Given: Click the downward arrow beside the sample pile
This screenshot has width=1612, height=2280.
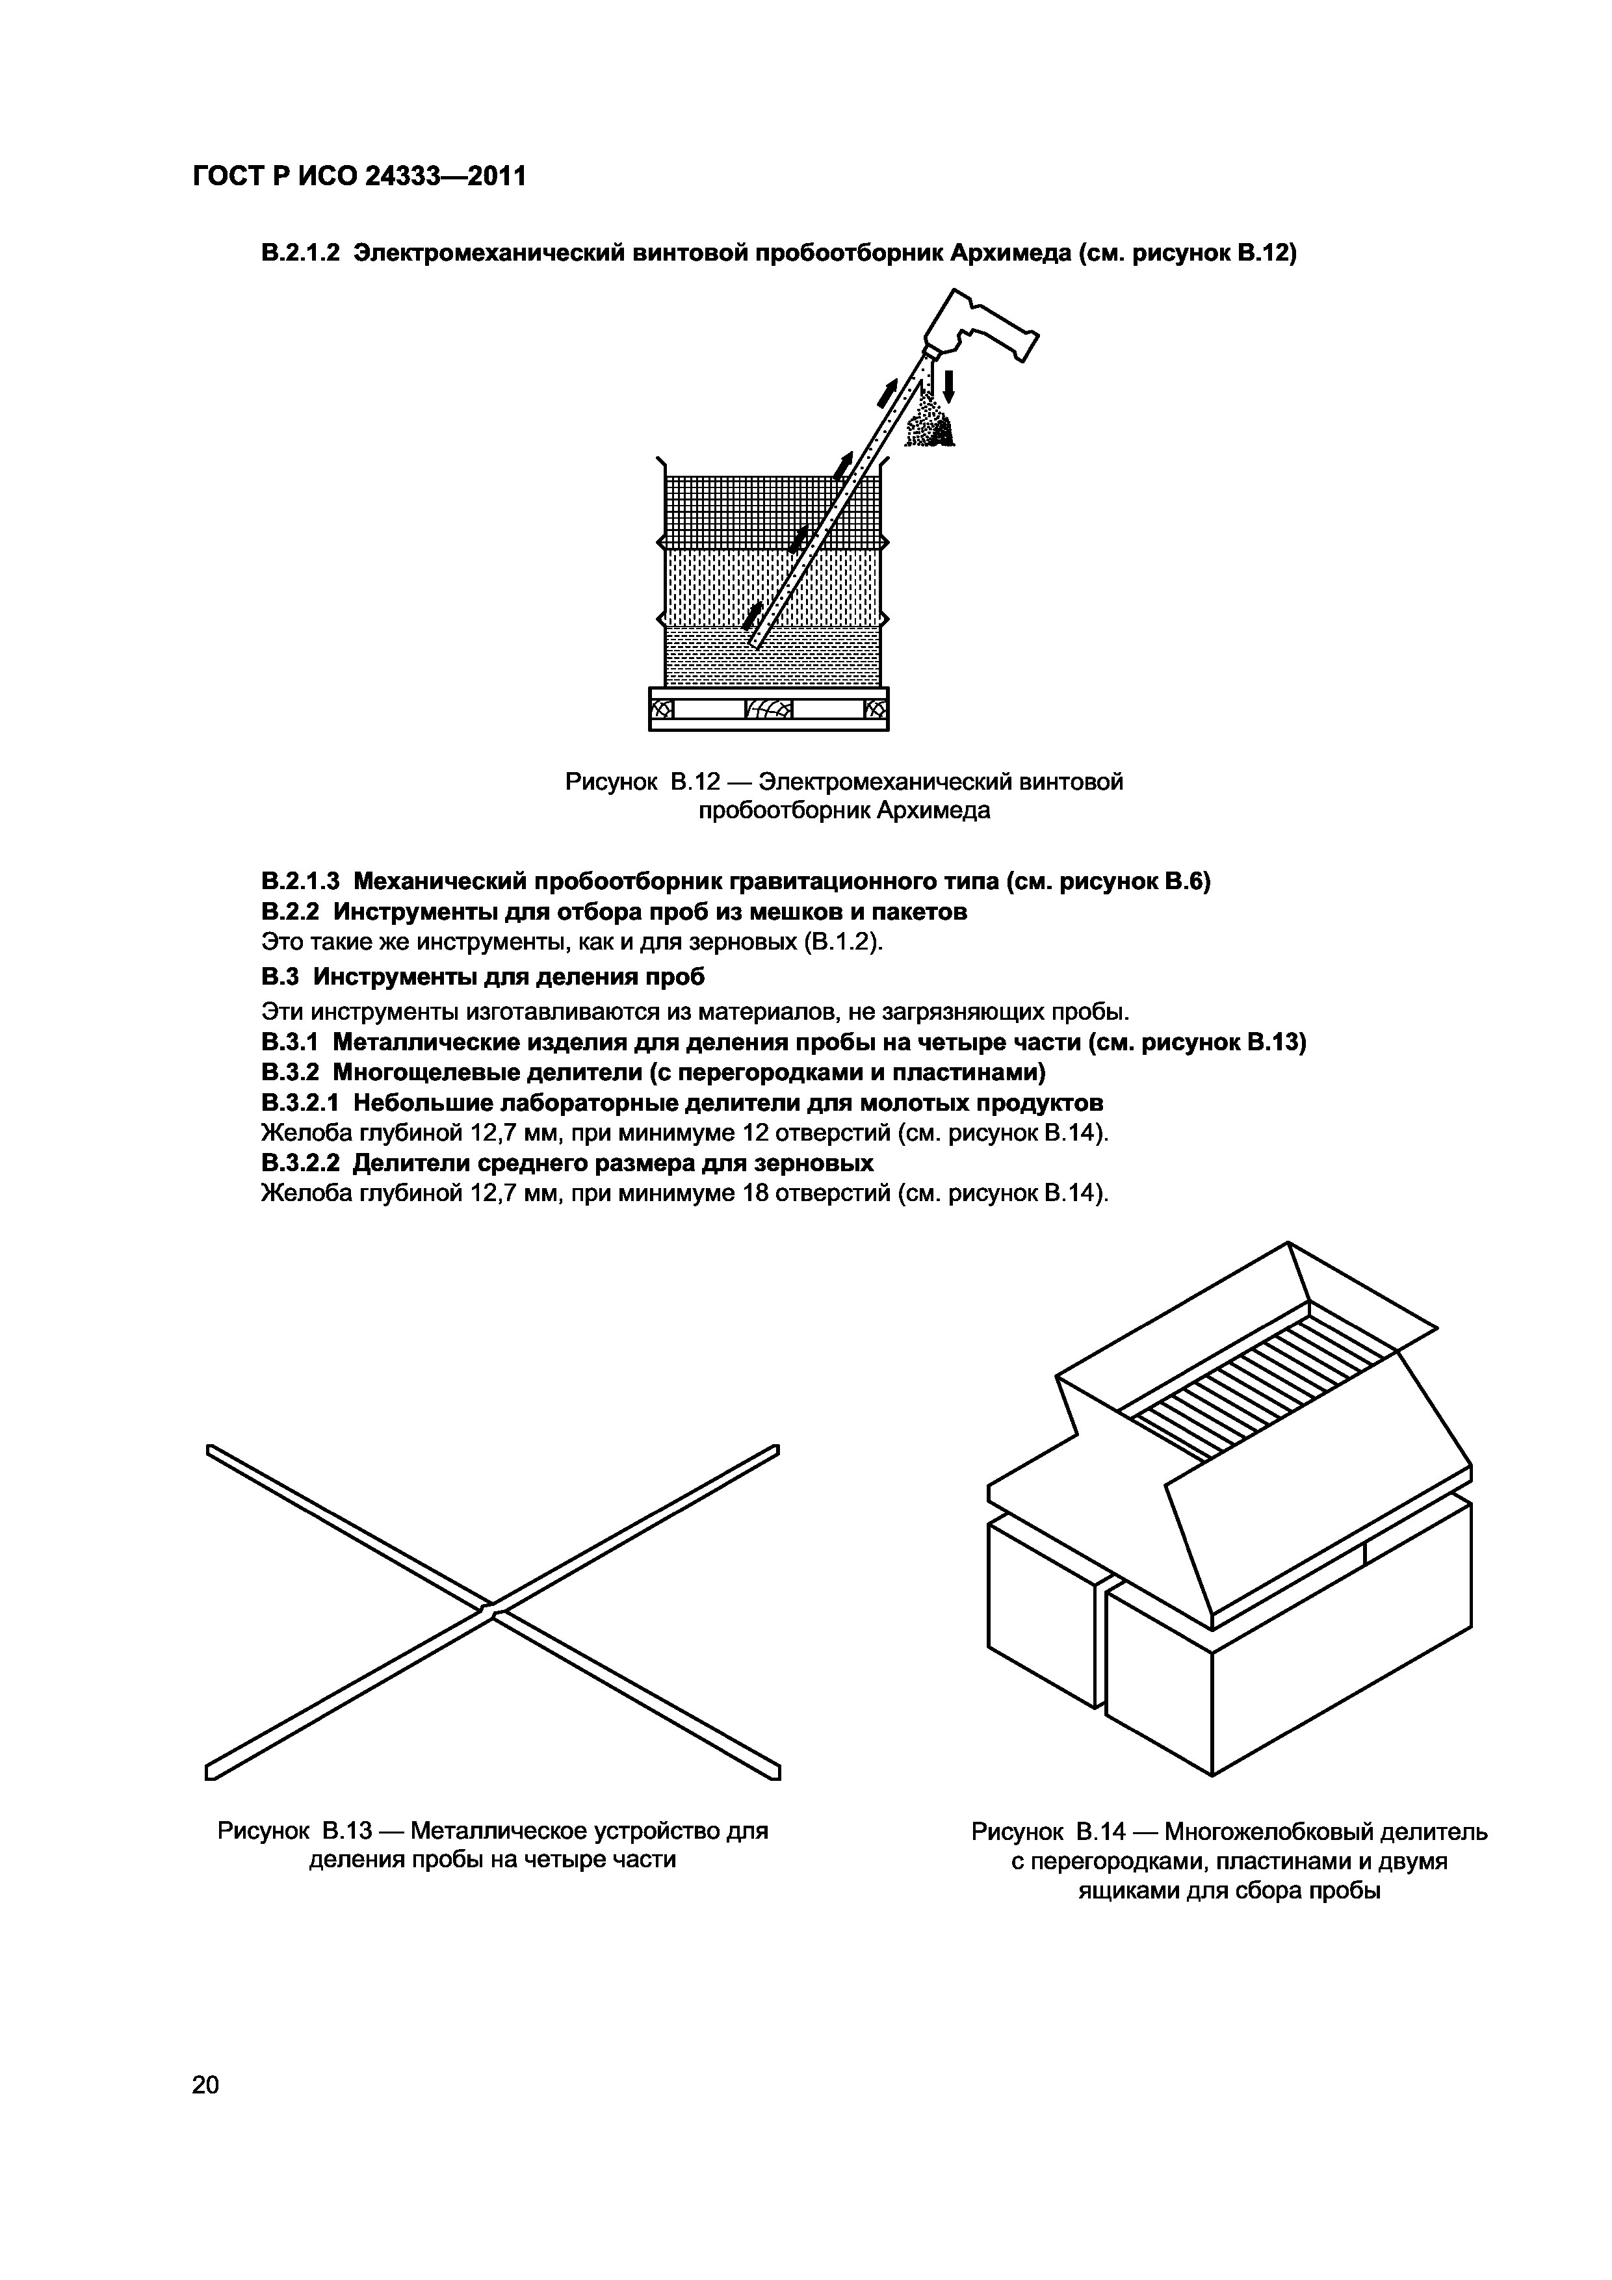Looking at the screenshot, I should [x=948, y=385].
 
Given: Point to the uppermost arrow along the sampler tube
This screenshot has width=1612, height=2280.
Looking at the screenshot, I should [x=887, y=393].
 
